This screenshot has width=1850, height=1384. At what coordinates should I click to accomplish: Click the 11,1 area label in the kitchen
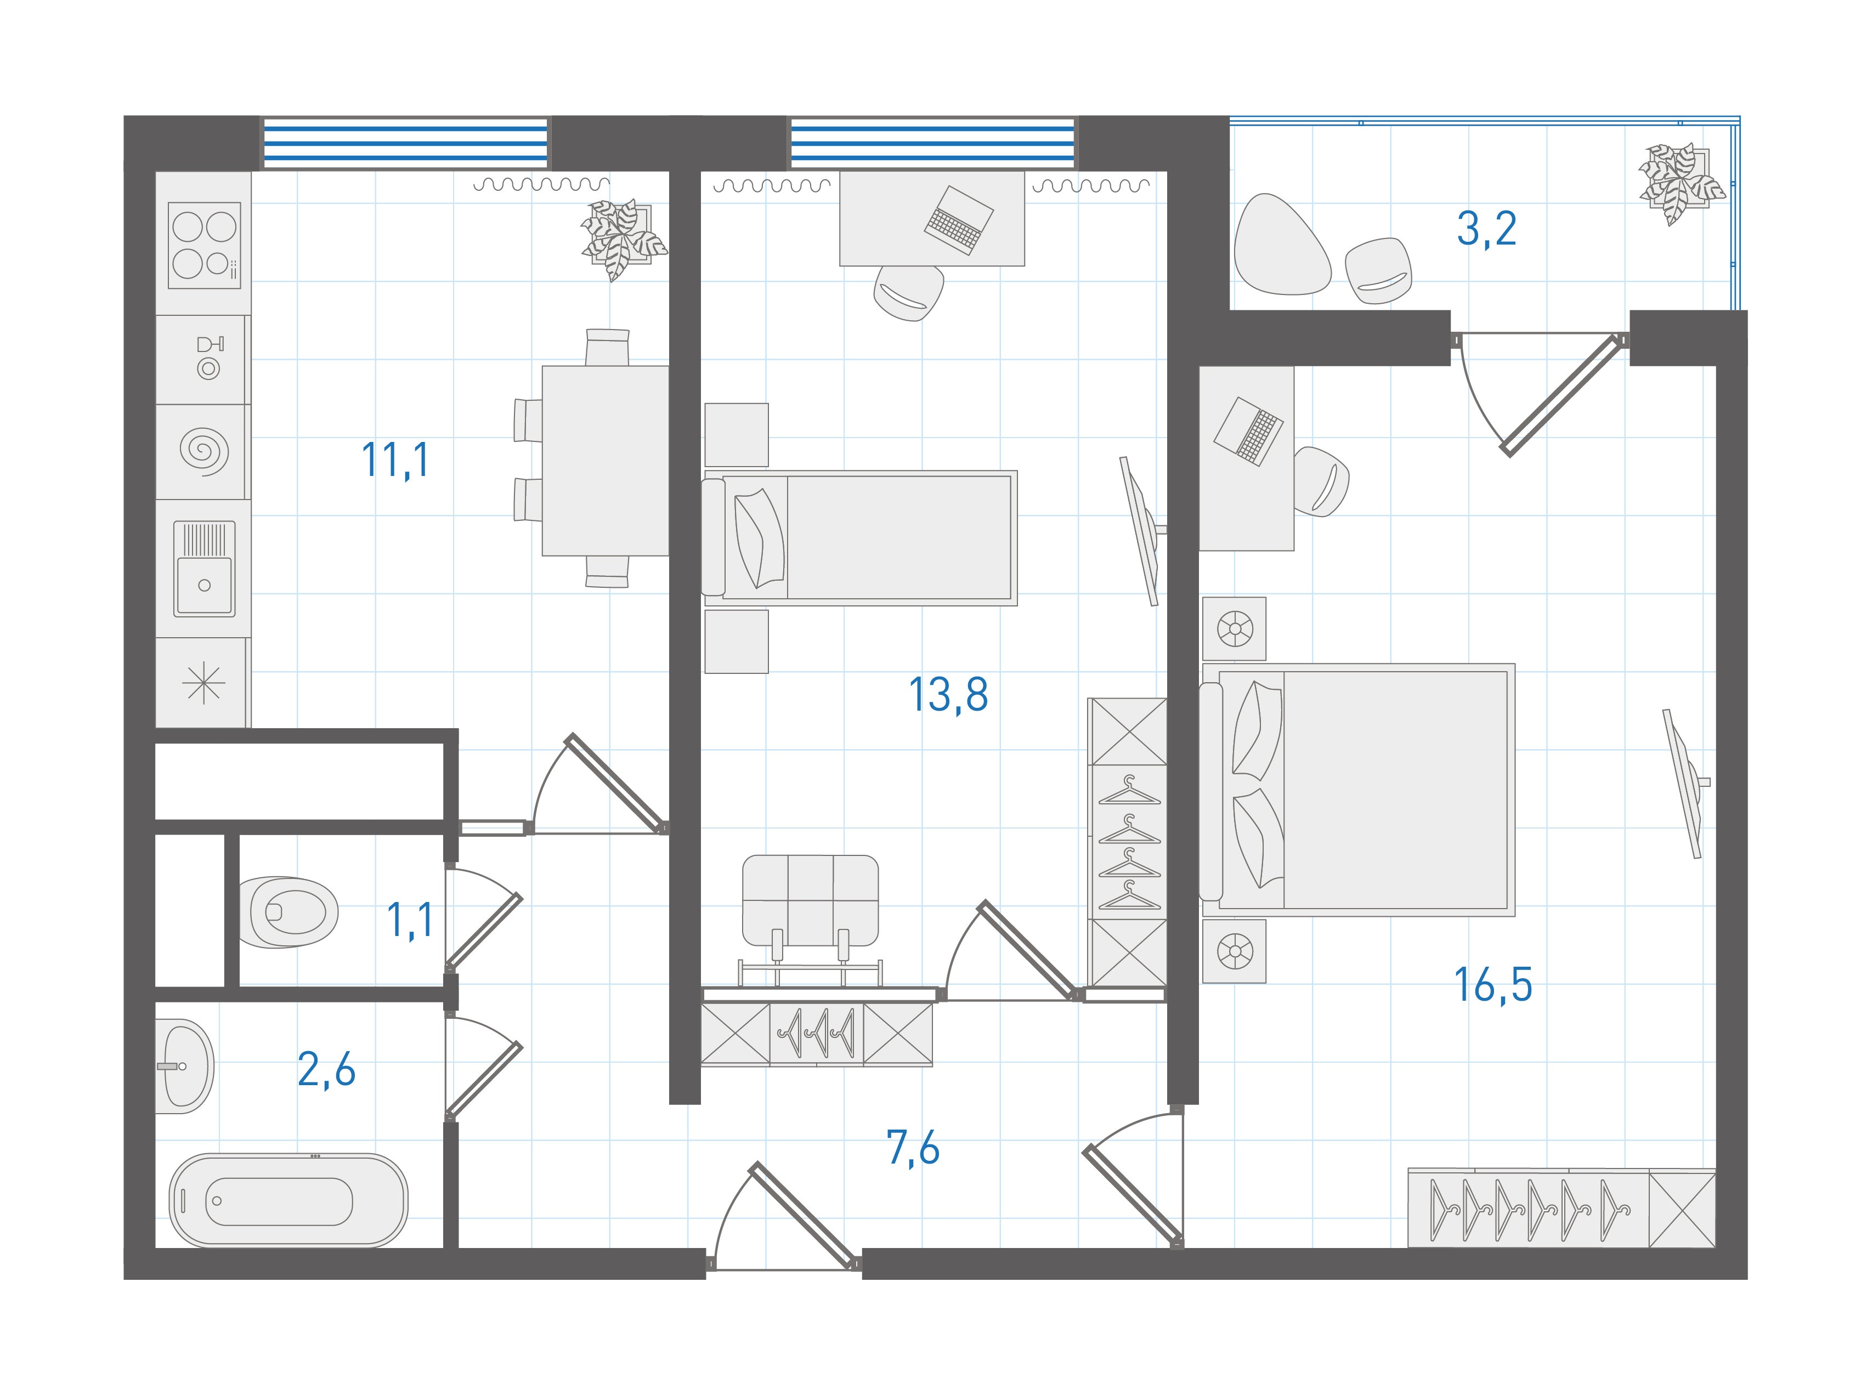(x=395, y=461)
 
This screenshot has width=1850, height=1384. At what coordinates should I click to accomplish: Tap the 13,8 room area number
(x=948, y=695)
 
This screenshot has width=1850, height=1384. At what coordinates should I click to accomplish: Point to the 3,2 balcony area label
(x=1486, y=228)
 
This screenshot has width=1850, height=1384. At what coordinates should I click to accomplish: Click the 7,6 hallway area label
(x=913, y=1148)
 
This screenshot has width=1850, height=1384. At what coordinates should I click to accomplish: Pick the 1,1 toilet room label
(x=410, y=921)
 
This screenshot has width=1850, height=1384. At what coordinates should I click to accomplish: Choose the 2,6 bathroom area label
(x=326, y=1070)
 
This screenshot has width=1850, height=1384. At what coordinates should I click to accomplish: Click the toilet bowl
(x=288, y=912)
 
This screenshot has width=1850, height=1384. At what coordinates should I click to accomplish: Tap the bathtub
(x=288, y=1201)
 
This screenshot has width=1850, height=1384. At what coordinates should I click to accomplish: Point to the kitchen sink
(x=204, y=569)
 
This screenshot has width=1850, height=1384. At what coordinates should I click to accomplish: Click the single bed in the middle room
(x=861, y=538)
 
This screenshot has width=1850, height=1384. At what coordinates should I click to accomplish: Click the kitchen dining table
(x=604, y=461)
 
